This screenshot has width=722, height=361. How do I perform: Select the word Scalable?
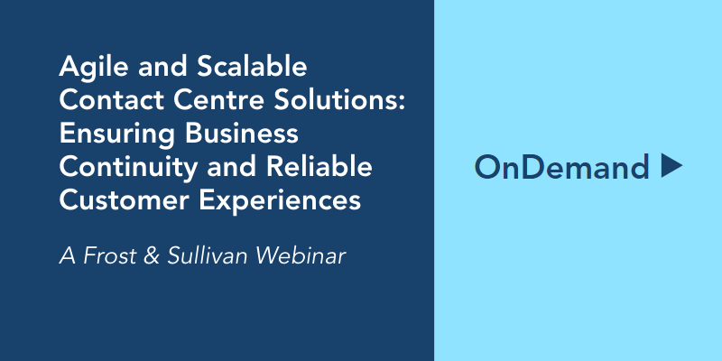[252, 66]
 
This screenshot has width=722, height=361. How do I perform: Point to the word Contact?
[112, 100]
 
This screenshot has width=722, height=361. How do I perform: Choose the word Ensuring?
[117, 134]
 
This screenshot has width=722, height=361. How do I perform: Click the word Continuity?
[128, 168]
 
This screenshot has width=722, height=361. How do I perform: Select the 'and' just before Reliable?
[232, 167]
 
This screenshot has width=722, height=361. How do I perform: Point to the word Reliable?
[319, 167]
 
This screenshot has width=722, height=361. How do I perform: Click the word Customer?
[124, 200]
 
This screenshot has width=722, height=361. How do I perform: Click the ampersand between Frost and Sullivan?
[151, 256]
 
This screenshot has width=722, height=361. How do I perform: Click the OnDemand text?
[561, 167]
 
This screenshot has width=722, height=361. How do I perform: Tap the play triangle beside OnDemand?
[671, 165]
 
